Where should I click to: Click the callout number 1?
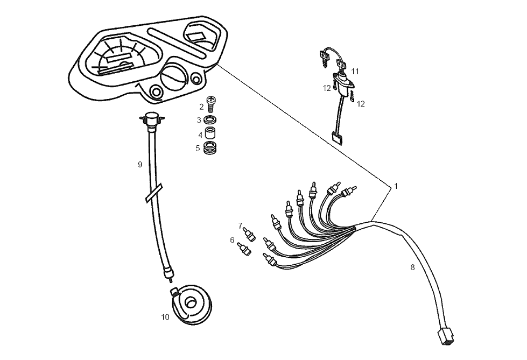[396, 186]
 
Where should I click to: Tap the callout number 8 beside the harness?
[412, 267]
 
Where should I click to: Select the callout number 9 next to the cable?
[140, 164]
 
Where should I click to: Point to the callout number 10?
[165, 317]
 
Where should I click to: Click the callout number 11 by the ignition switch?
[355, 71]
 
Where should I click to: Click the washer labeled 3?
[210, 119]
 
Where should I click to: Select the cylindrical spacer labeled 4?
[210, 134]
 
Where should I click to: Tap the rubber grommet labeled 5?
[210, 148]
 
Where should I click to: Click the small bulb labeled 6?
[244, 249]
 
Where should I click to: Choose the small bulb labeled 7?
[249, 234]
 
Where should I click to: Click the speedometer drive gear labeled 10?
[192, 304]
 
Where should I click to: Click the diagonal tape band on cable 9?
[154, 193]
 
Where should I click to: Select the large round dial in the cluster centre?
[173, 76]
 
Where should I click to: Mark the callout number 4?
[200, 135]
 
